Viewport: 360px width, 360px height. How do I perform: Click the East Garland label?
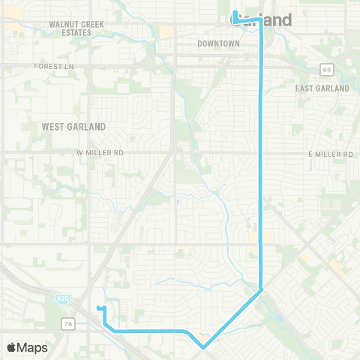(322, 88)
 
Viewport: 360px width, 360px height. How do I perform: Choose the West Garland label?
(73, 126)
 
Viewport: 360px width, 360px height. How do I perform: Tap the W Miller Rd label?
(99, 153)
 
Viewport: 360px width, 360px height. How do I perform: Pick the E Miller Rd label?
(331, 154)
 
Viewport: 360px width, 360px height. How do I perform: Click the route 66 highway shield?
(326, 70)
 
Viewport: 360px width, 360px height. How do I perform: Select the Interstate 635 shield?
(61, 299)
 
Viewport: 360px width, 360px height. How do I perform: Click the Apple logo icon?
(12, 347)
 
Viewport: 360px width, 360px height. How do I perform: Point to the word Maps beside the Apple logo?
(33, 347)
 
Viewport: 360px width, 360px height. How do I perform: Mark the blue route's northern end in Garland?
(234, 12)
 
